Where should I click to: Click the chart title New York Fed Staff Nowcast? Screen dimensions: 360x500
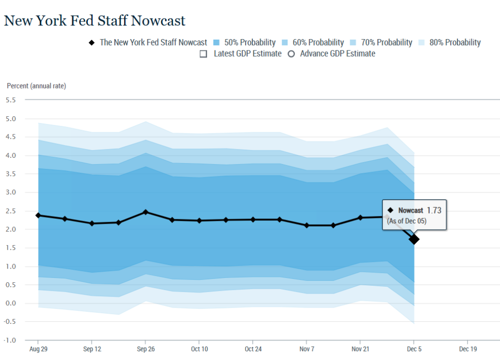tap(95, 21)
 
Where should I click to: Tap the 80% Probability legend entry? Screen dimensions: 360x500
tap(449, 42)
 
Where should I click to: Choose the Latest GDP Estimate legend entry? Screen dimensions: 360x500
tap(241, 54)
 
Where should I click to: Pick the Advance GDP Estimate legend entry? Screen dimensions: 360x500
tap(332, 54)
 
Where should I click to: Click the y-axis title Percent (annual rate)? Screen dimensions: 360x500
tap(36, 86)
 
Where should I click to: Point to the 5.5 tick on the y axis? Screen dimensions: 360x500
tap(11, 100)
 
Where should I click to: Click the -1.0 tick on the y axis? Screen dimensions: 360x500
tap(10, 340)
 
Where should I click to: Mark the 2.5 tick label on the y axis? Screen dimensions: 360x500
tap(11, 211)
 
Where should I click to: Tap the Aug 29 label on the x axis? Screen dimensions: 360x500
tap(38, 349)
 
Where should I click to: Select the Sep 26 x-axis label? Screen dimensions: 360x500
tap(146, 349)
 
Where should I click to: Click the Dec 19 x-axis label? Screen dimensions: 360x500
tap(468, 349)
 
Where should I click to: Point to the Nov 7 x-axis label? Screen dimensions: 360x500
tap(307, 349)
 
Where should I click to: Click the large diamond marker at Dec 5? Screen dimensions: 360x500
tap(414, 239)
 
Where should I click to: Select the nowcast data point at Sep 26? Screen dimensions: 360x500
tap(146, 212)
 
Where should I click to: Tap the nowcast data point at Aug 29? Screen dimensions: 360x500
tap(38, 215)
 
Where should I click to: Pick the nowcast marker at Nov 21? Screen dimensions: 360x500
tap(360, 217)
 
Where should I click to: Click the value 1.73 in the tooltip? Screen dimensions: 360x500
tap(434, 210)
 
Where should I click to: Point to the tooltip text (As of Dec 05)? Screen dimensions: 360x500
tap(407, 221)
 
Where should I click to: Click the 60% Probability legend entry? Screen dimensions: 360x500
tap(312, 42)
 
